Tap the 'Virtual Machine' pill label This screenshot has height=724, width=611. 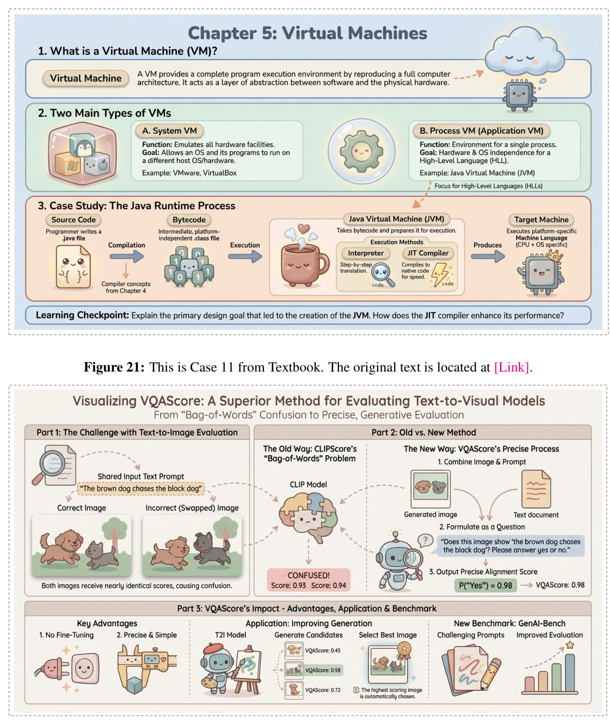(85, 78)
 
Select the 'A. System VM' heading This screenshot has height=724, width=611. (169, 131)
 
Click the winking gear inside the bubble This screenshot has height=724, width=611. (361, 151)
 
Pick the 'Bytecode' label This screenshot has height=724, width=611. (189, 219)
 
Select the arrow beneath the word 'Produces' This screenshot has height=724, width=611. (487, 256)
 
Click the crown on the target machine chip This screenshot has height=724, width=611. (554, 255)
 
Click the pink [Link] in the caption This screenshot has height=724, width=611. (511, 367)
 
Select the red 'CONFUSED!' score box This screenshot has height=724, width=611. (308, 580)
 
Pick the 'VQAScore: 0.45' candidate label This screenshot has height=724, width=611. (322, 651)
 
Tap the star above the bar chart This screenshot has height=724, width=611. (569, 645)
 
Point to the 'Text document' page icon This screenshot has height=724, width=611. (536, 489)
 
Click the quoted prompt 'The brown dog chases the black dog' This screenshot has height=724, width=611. (140, 488)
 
